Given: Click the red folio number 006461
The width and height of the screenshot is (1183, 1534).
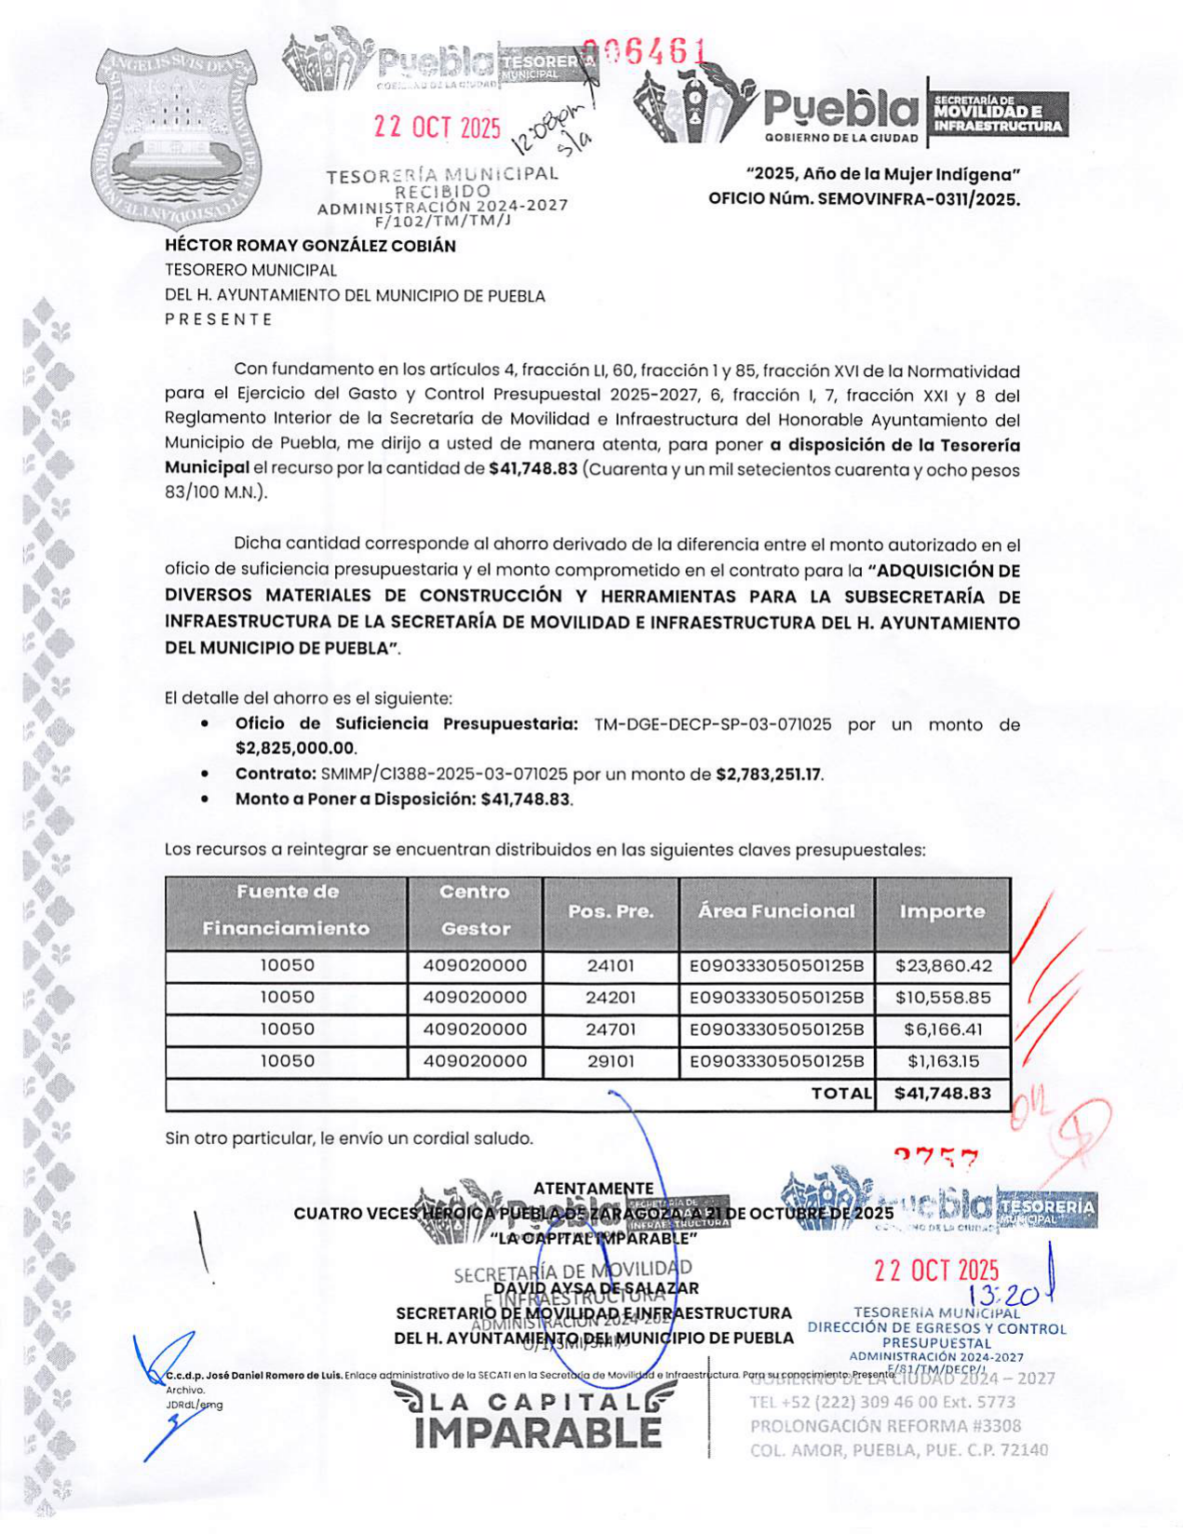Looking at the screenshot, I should [x=643, y=54].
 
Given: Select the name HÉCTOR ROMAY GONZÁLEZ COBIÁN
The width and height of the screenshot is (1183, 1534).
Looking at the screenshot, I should [x=310, y=247].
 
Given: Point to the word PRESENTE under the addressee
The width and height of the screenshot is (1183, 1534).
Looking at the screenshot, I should [x=219, y=319].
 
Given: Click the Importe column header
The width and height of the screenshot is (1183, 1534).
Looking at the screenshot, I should [x=942, y=912].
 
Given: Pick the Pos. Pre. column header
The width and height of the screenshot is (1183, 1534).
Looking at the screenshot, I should [x=611, y=912].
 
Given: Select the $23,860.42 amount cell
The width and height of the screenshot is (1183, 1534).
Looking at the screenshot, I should [x=943, y=966].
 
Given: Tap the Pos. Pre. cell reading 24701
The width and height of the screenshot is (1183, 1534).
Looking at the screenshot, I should [x=611, y=1029].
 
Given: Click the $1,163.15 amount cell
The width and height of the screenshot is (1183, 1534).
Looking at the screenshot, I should [x=943, y=1061].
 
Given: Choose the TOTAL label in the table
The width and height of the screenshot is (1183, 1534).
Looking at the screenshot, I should [x=841, y=1094].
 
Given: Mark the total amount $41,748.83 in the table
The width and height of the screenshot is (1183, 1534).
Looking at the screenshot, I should [x=943, y=1094].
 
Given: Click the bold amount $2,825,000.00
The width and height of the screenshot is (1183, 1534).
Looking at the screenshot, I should [x=295, y=748].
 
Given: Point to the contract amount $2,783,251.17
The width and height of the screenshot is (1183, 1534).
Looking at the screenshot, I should [x=769, y=774].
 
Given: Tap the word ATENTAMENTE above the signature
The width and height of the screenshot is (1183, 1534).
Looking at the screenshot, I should [x=593, y=1189].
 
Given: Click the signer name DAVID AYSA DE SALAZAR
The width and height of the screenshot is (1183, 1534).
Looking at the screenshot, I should [x=596, y=1289].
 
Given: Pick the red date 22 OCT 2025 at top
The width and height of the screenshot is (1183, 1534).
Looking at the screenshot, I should [x=437, y=128].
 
